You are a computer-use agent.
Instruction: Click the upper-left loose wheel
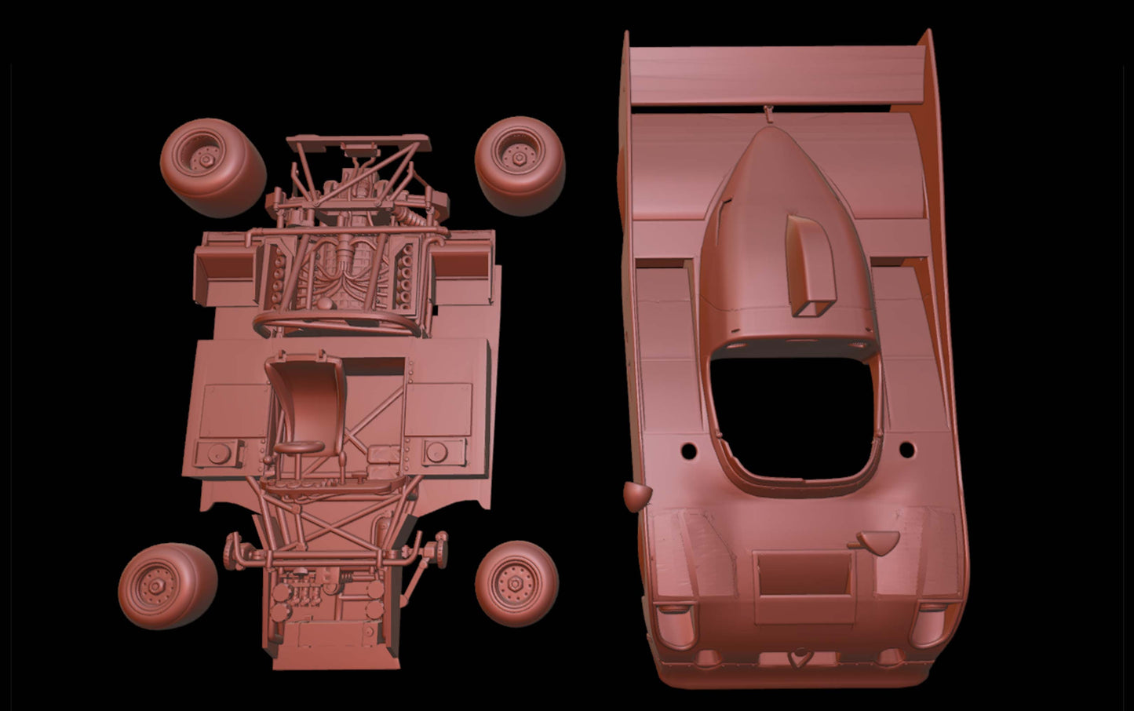[210, 166]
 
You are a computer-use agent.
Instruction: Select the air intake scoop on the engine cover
[811, 267]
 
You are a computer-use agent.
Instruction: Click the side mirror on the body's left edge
[637, 495]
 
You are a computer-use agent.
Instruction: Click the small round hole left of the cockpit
[689, 451]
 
